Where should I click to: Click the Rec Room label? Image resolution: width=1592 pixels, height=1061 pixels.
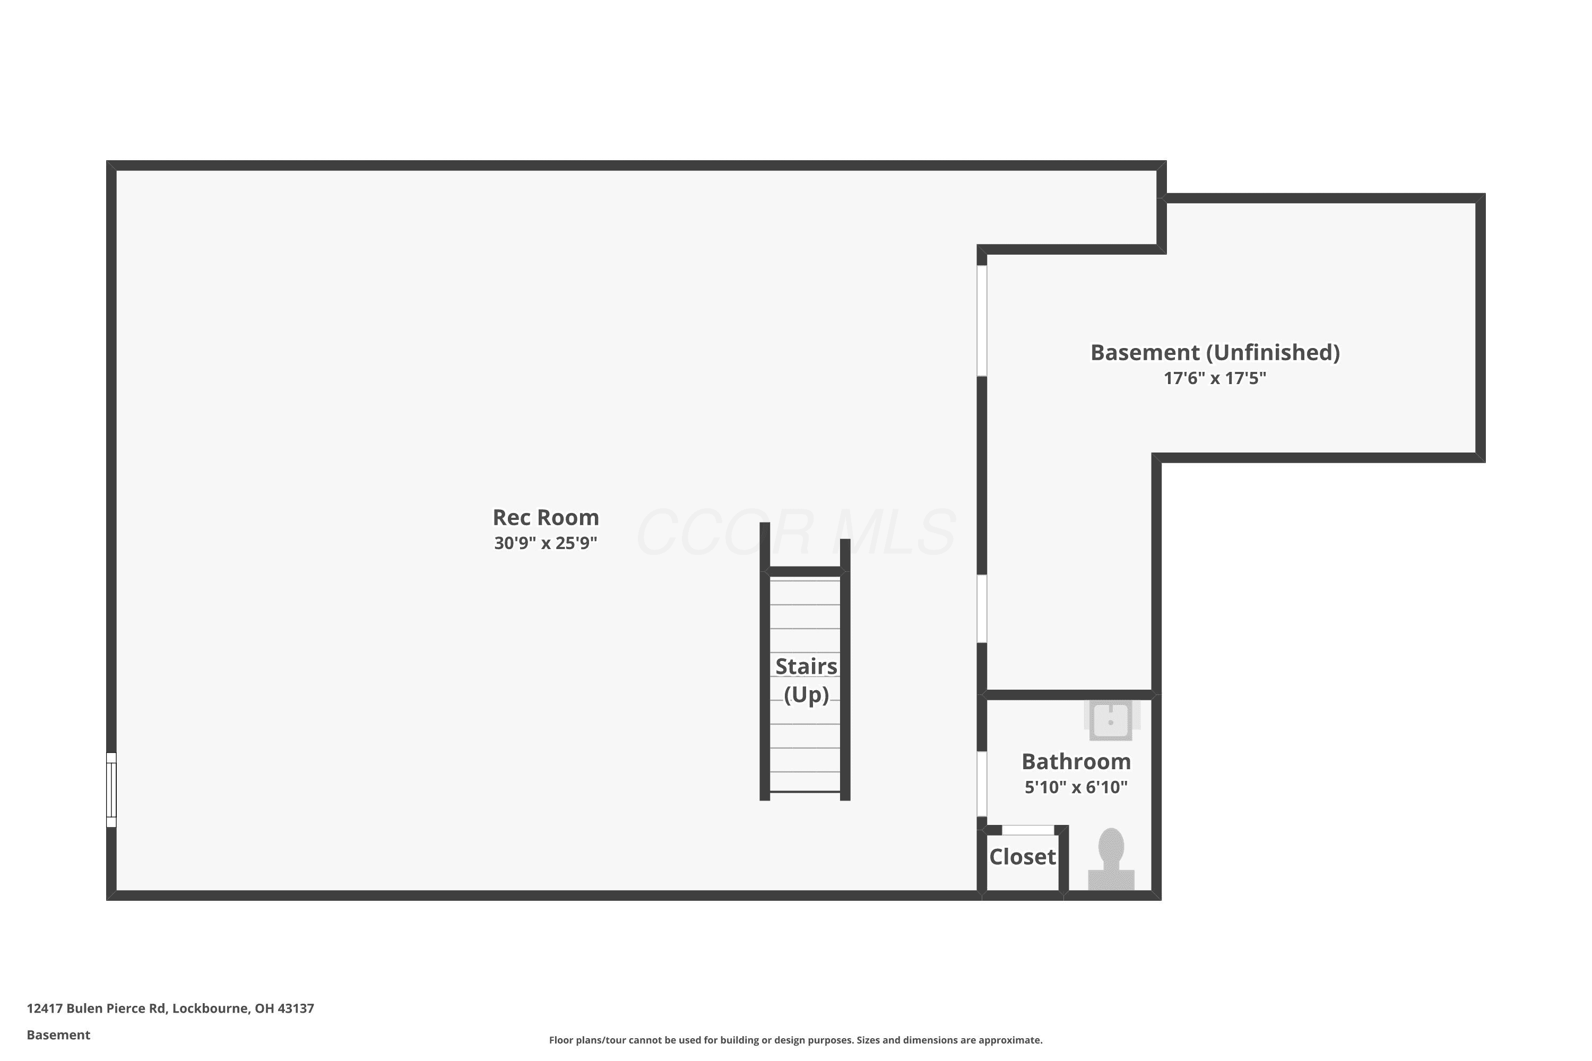[546, 518]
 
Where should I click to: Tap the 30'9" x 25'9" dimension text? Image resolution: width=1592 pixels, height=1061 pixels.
[546, 543]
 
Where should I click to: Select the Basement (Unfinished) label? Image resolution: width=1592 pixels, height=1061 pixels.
[1215, 353]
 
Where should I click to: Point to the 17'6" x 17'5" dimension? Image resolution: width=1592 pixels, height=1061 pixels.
[1215, 378]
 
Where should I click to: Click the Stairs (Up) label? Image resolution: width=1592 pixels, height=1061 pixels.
[806, 680]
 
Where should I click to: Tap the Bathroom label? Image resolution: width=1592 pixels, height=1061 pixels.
[1076, 761]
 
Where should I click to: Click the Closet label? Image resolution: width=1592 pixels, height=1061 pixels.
[1022, 857]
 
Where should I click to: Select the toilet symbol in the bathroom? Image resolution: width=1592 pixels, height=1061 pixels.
[1111, 859]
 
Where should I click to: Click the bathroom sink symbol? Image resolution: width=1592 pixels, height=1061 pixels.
[1111, 720]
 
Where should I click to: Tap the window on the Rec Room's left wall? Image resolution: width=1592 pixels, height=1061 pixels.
[111, 790]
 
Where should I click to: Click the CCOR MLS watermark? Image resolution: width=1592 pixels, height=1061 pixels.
[796, 533]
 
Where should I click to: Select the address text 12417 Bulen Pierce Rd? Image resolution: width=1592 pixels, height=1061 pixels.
[96, 1008]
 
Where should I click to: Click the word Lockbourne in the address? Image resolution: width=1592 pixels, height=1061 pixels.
[211, 1008]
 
